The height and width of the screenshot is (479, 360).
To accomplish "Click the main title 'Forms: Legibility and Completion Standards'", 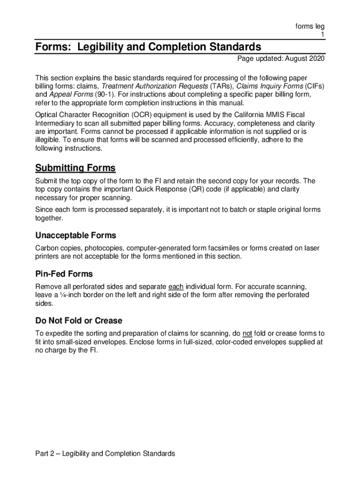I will (148, 47).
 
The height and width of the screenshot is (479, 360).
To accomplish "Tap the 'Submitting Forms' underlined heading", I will (75, 168).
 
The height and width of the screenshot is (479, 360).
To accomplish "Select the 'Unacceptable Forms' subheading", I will (76, 235).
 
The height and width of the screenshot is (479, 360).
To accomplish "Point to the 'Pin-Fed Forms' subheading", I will (64, 274).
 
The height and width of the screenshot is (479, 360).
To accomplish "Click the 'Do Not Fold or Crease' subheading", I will (79, 320).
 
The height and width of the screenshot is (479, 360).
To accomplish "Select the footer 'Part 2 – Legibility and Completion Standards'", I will (105, 453).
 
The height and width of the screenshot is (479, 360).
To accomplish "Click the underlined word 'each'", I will (176, 286).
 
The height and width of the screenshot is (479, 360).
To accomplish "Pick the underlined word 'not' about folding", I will (247, 334).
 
